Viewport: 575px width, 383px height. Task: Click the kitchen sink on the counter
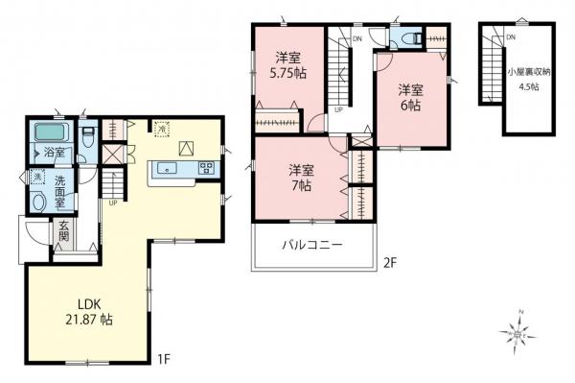tap(167, 169)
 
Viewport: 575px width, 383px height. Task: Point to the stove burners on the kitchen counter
tap(207, 169)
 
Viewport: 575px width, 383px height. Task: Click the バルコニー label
tap(312, 244)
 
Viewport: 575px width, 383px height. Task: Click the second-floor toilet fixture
tap(409, 39)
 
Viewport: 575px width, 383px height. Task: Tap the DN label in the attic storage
tap(510, 36)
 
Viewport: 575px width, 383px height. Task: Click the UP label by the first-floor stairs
tap(113, 202)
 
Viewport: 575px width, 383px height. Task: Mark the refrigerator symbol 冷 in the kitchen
tap(161, 126)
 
